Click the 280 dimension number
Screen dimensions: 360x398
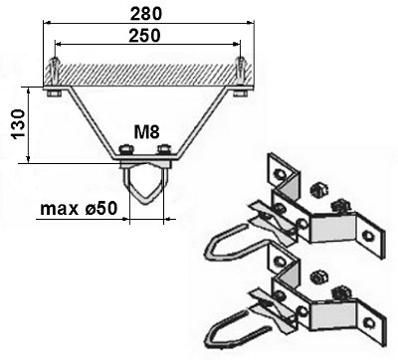pyautogui.click(x=147, y=13)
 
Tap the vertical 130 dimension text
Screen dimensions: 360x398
pyautogui.click(x=14, y=124)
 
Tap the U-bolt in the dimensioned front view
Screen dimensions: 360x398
pyautogui.click(x=146, y=190)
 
